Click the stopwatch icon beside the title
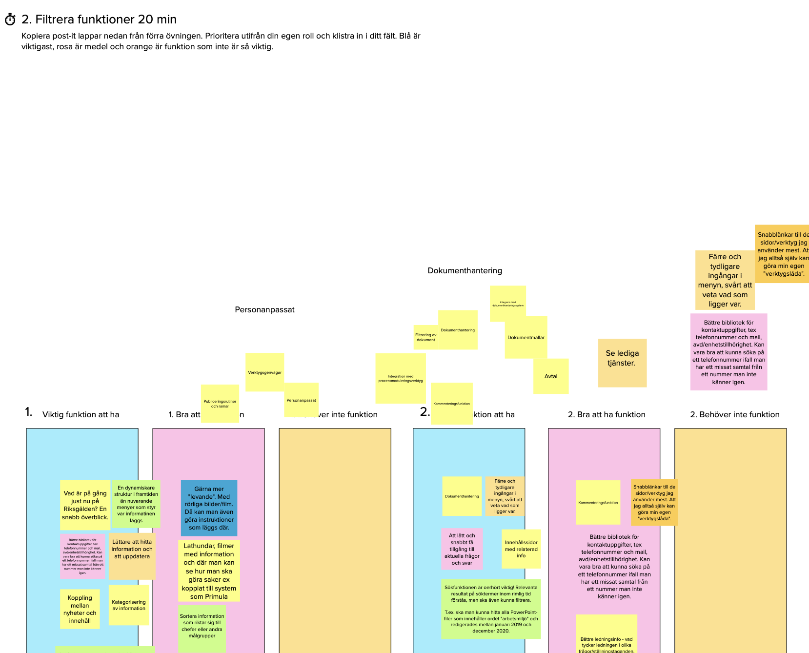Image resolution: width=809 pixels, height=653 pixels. coord(10,20)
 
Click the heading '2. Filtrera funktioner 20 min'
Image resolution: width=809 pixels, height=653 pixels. coord(99,20)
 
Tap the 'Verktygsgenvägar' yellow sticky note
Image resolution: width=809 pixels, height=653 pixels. coord(264,372)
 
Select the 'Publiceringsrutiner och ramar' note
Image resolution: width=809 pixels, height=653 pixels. coord(220,403)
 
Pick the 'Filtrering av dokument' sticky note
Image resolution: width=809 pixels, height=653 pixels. coord(425,337)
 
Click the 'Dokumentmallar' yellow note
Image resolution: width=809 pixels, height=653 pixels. coord(526,337)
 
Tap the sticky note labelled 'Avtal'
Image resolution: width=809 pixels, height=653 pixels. coord(551,376)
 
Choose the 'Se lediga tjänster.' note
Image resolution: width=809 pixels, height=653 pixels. coord(622,363)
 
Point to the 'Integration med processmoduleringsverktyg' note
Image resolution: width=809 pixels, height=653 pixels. coord(400,378)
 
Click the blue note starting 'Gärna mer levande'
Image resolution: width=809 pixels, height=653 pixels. coord(209,508)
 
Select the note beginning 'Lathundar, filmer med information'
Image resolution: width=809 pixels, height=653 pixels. coord(209,571)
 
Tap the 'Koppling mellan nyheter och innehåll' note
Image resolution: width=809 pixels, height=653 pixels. coord(80,609)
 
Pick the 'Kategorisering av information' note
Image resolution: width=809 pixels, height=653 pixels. coord(129,605)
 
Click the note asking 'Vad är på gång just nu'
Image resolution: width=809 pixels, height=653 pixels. coord(85,505)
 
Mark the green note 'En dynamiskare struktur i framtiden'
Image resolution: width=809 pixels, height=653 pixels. coord(136,504)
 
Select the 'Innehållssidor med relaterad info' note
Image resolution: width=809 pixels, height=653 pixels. coord(521,549)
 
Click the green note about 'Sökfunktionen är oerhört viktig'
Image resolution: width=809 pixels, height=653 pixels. coord(491,609)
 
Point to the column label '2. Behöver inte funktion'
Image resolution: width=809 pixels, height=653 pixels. coord(734,414)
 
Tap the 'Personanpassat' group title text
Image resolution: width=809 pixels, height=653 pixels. coord(264,309)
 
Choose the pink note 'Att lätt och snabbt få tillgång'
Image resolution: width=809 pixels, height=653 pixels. coord(462,549)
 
